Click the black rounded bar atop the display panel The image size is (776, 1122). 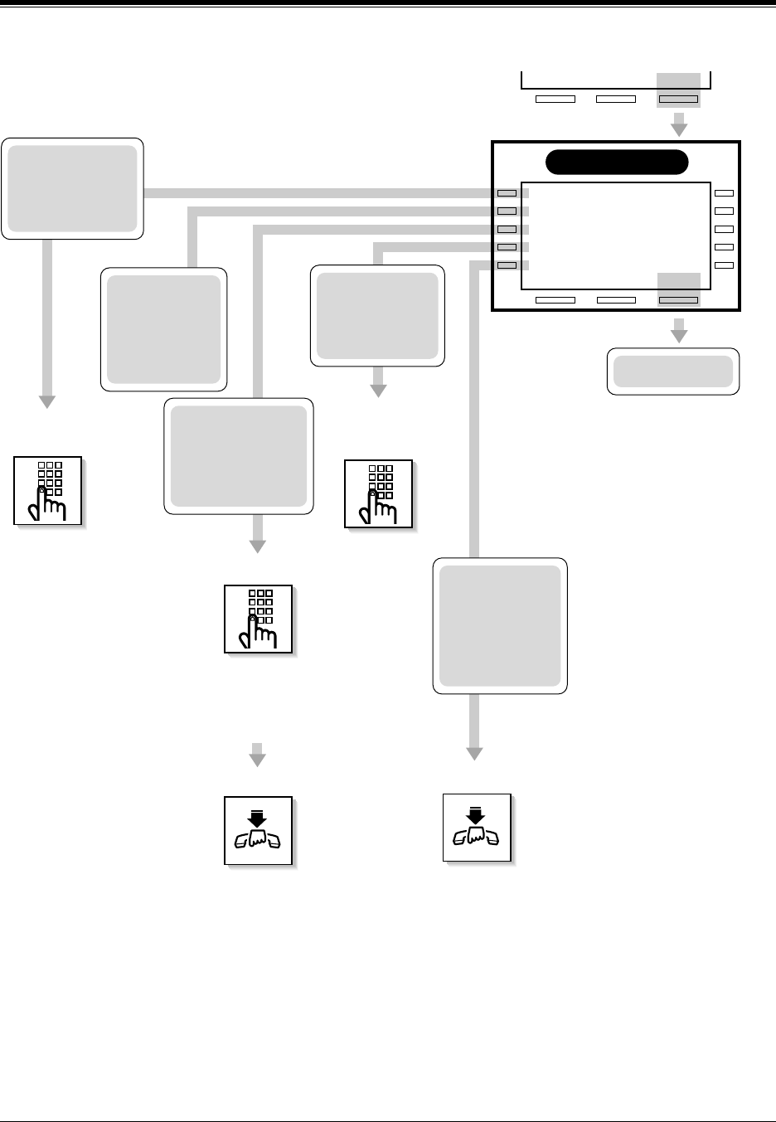pos(618,163)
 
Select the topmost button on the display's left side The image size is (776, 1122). pos(507,193)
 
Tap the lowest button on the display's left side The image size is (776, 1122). pos(507,265)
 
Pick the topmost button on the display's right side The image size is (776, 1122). pos(724,193)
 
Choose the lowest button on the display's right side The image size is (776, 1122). pos(724,265)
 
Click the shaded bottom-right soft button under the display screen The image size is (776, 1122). pos(678,299)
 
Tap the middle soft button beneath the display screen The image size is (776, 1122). pos(616,299)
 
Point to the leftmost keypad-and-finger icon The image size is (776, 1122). pos(48,490)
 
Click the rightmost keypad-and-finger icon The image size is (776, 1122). pos(379,493)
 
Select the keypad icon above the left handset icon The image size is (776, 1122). pos(259,619)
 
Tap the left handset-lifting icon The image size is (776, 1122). pos(259,830)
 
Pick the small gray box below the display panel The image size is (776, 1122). pos(673,372)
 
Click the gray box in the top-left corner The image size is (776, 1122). pos(72,189)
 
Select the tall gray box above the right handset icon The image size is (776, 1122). pos(500,626)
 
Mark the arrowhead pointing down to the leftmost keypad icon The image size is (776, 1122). pos(47,401)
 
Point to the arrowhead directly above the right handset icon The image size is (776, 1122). pos(474,753)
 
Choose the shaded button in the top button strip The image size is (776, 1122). pos(678,100)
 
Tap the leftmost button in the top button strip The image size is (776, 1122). pos(555,100)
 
